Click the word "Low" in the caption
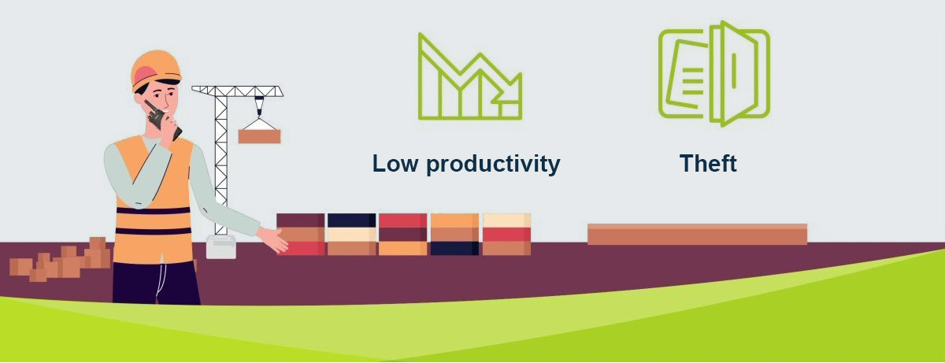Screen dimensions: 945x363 click(x=395, y=164)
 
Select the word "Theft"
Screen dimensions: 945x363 click(x=708, y=163)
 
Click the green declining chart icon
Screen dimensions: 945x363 click(x=470, y=76)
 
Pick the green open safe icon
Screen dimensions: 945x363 click(x=713, y=73)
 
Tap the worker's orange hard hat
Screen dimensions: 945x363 click(x=156, y=69)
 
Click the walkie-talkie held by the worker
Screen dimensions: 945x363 click(x=162, y=120)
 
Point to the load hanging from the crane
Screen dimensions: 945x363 click(x=259, y=136)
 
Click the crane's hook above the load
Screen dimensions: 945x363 click(x=259, y=106)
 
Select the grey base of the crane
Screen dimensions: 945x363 click(x=221, y=247)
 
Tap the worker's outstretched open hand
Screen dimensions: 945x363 click(x=273, y=239)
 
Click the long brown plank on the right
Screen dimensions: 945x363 click(x=698, y=235)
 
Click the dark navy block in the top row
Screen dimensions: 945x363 click(x=351, y=220)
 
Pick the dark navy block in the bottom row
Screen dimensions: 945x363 click(x=454, y=248)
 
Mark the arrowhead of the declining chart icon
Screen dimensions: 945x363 click(x=510, y=90)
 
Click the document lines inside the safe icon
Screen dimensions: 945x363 click(x=692, y=80)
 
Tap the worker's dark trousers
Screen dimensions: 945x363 click(x=156, y=283)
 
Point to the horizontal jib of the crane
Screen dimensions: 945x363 click(x=238, y=91)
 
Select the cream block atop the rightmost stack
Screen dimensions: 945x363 click(x=506, y=220)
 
